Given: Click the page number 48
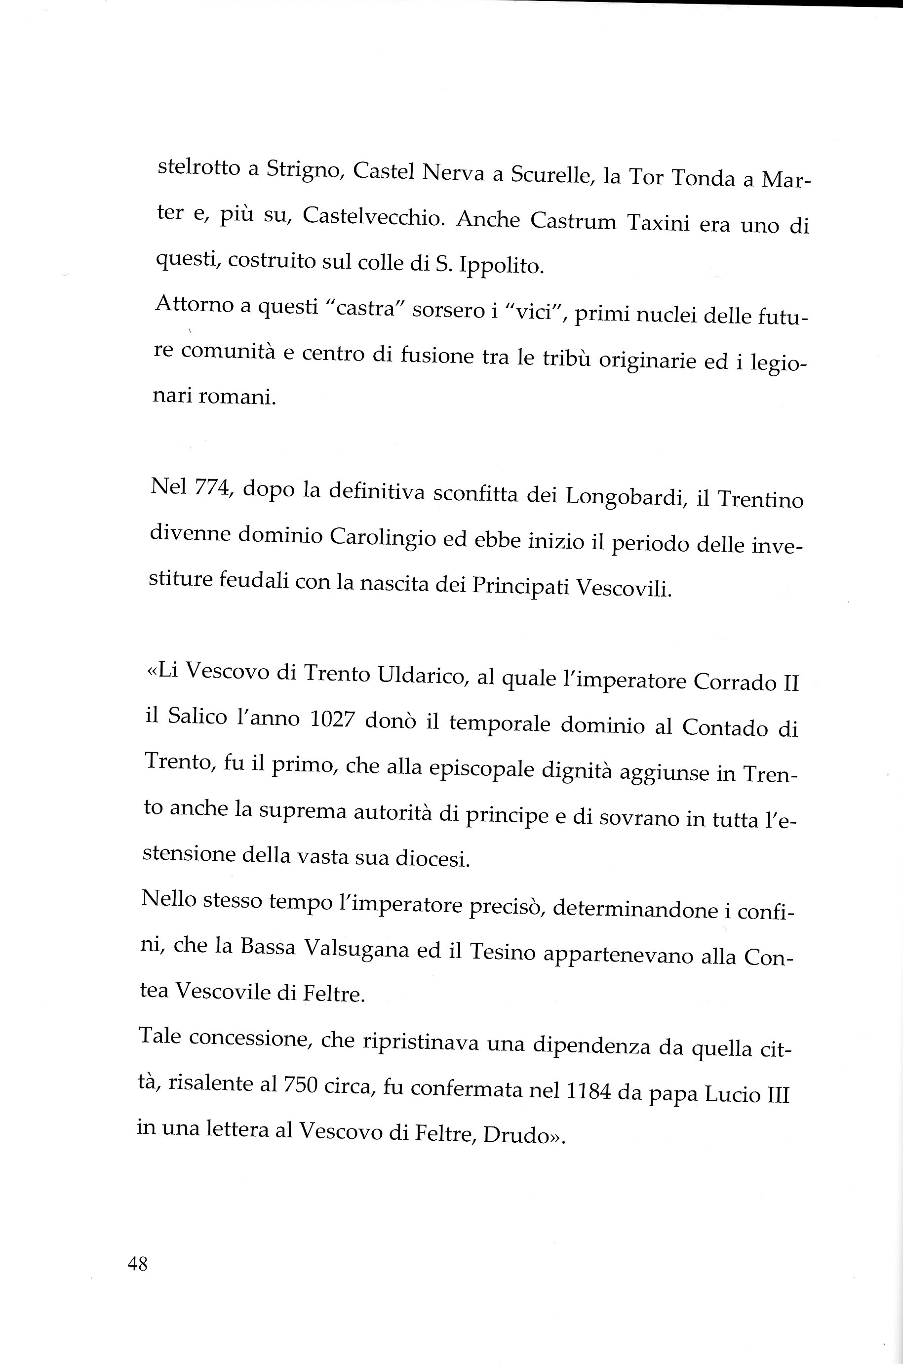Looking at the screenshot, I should pyautogui.click(x=137, y=1264).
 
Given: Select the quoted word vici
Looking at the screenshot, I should pyautogui.click(x=533, y=314).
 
